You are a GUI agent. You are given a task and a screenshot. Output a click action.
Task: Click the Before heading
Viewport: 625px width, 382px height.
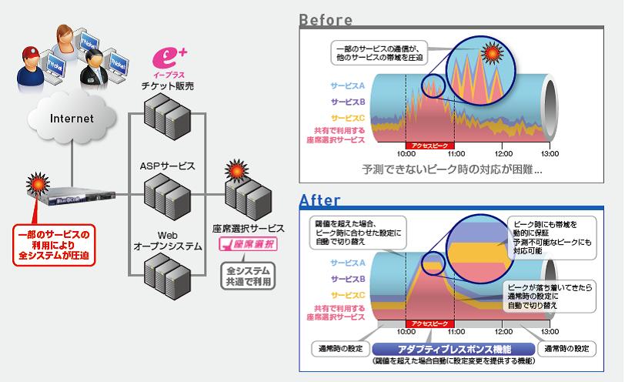coord(325,20)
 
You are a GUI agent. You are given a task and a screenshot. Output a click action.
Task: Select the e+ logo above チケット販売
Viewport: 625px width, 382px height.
coord(168,58)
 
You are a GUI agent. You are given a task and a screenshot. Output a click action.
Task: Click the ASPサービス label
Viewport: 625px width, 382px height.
coord(167,166)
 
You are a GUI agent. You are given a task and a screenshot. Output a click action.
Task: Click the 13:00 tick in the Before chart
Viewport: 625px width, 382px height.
coord(549,152)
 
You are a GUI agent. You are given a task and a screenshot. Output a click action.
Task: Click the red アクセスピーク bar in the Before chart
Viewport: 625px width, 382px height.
coord(429,144)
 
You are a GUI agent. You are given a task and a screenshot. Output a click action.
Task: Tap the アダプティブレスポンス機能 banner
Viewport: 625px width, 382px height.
coord(452,348)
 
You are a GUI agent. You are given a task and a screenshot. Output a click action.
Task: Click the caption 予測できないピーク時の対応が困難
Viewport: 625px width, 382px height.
coord(452,168)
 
